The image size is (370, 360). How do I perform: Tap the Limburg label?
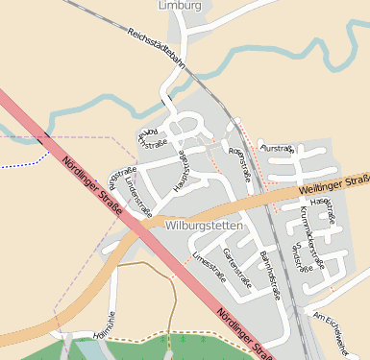coord(179,6)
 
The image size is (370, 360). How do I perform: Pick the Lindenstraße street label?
coord(137,193)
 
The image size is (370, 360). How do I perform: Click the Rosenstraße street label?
coord(242,161)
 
